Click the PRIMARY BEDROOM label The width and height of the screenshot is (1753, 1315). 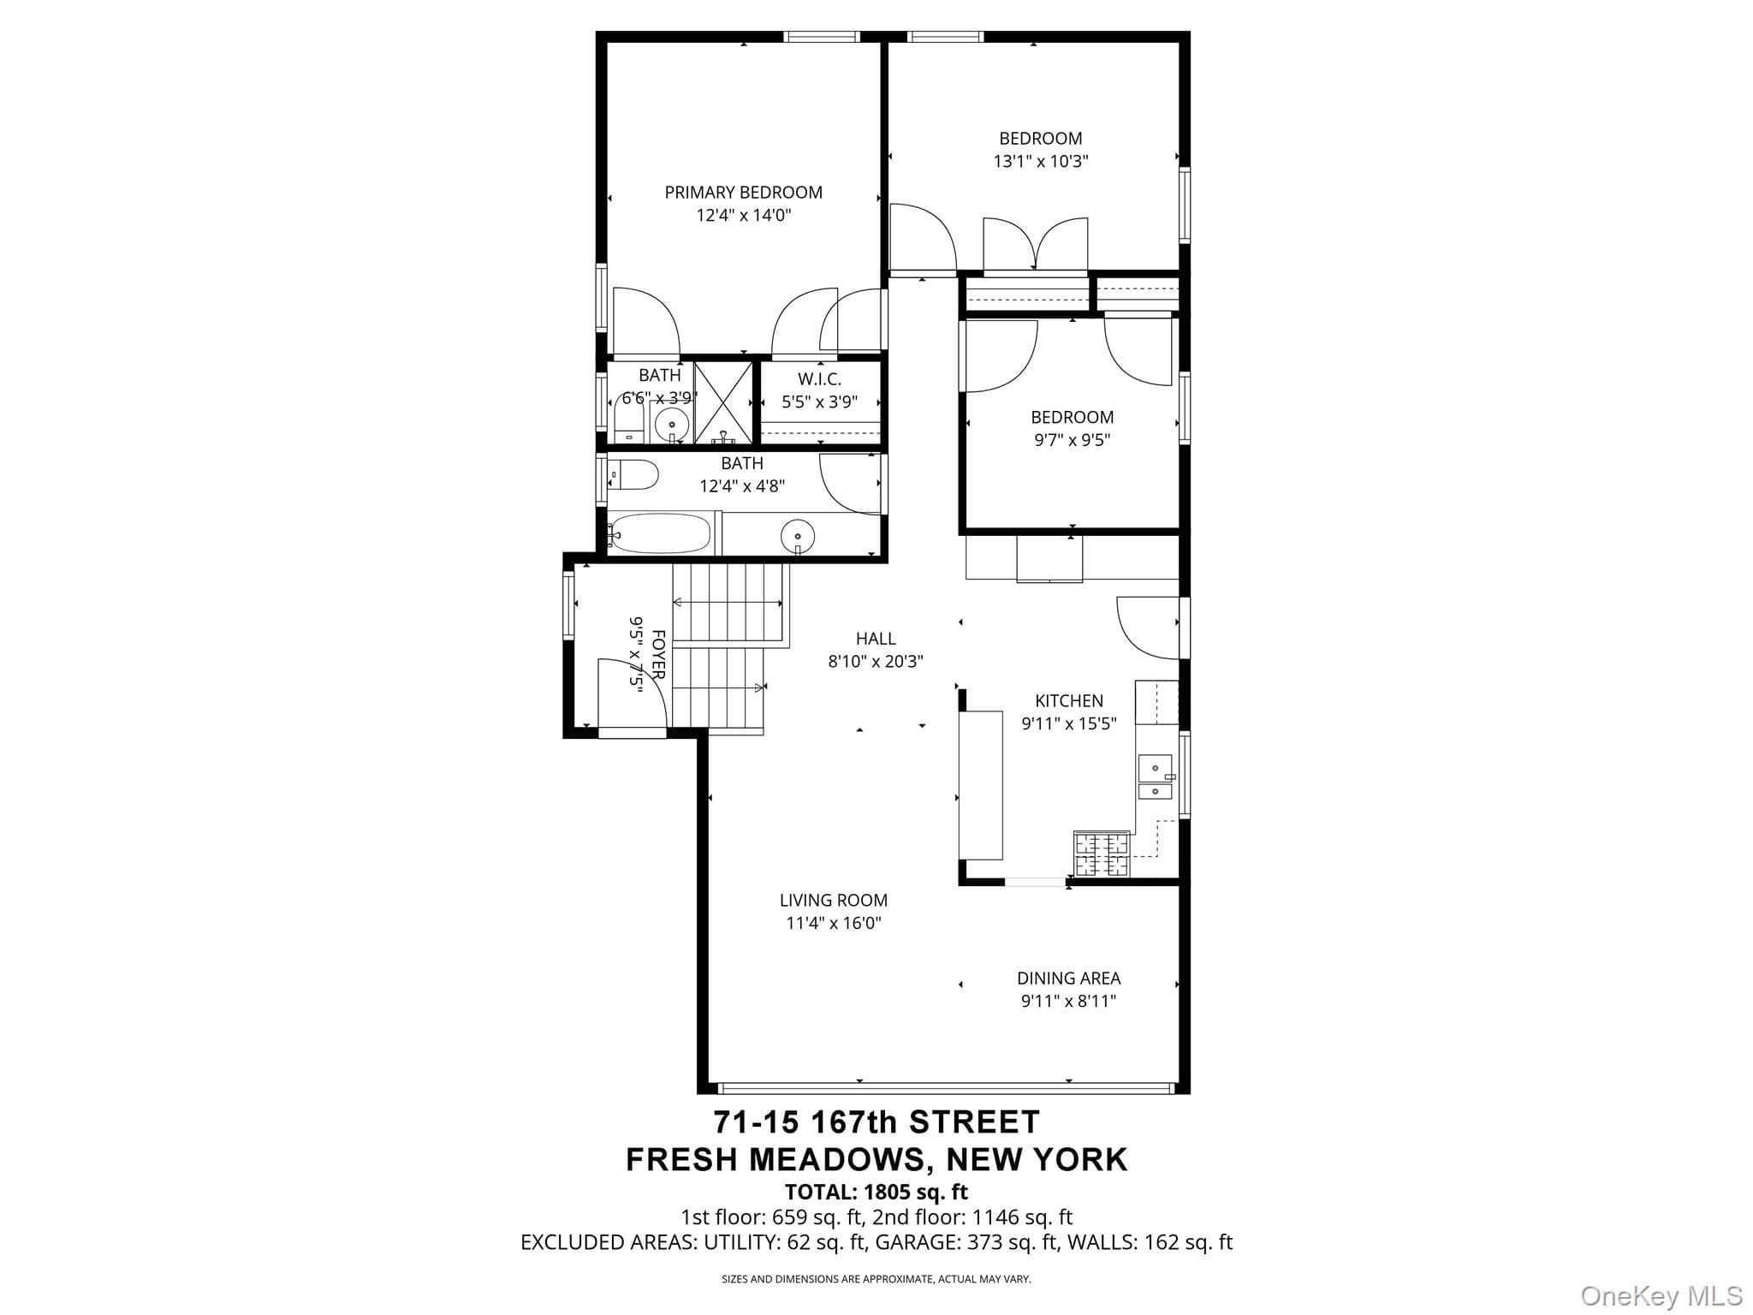click(743, 193)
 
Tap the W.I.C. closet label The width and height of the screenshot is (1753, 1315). click(819, 379)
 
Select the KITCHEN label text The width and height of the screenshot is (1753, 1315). click(1069, 701)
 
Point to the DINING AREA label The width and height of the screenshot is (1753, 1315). click(1068, 978)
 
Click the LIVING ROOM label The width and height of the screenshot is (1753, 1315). click(833, 900)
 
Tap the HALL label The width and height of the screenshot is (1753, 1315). click(876, 639)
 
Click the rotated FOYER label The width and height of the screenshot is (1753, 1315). click(658, 655)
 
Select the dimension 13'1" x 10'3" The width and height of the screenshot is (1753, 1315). click(1041, 161)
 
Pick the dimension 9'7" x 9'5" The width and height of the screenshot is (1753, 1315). click(1072, 440)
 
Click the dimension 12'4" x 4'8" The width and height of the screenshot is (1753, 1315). click(742, 486)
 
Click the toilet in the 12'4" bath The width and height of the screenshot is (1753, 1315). click(633, 474)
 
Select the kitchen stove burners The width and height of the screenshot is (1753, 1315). click(1102, 854)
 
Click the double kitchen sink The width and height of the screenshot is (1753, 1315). click(1155, 777)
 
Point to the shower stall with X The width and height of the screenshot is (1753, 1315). click(723, 402)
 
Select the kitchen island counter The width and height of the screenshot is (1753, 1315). click(981, 785)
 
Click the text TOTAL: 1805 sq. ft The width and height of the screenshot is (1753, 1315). click(876, 1192)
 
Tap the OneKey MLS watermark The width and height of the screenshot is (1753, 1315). click(1661, 1295)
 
